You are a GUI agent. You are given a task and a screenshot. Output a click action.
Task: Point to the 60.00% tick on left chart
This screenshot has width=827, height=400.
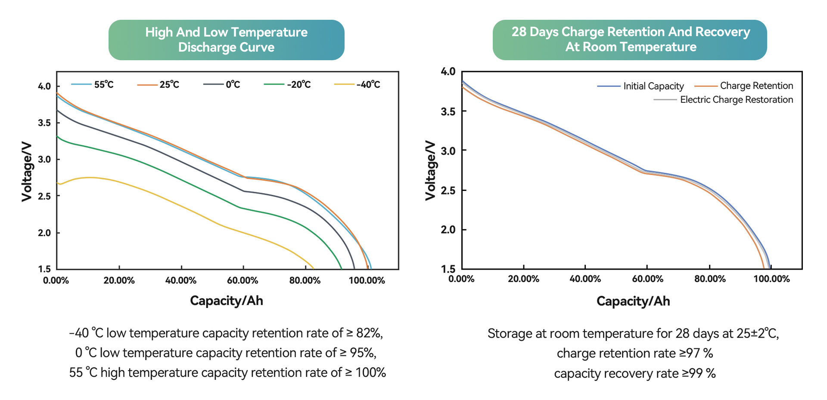tap(243, 280)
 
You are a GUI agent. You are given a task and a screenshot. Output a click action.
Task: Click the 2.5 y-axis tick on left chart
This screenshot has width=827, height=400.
tap(44, 196)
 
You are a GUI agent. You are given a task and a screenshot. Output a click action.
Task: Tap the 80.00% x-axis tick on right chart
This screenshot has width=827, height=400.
tap(709, 279)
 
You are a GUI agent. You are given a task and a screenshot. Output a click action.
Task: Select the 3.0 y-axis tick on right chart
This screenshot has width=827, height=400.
tap(448, 151)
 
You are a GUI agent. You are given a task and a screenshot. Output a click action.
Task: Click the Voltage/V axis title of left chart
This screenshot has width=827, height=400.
tap(27, 171)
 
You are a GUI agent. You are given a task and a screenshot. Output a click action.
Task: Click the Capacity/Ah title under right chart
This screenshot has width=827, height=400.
tap(633, 301)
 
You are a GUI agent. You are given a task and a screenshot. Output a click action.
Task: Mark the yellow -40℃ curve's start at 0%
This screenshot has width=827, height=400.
tap(58, 183)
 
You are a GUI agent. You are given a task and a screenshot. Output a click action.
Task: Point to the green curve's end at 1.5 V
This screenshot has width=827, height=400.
tap(341, 268)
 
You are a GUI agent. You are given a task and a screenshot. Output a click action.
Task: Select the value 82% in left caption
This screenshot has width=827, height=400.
tap(369, 333)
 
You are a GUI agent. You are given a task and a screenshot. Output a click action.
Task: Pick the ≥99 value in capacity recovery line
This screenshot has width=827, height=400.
tap(692, 373)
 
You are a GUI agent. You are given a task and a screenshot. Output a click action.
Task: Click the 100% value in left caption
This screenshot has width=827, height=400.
tap(370, 372)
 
